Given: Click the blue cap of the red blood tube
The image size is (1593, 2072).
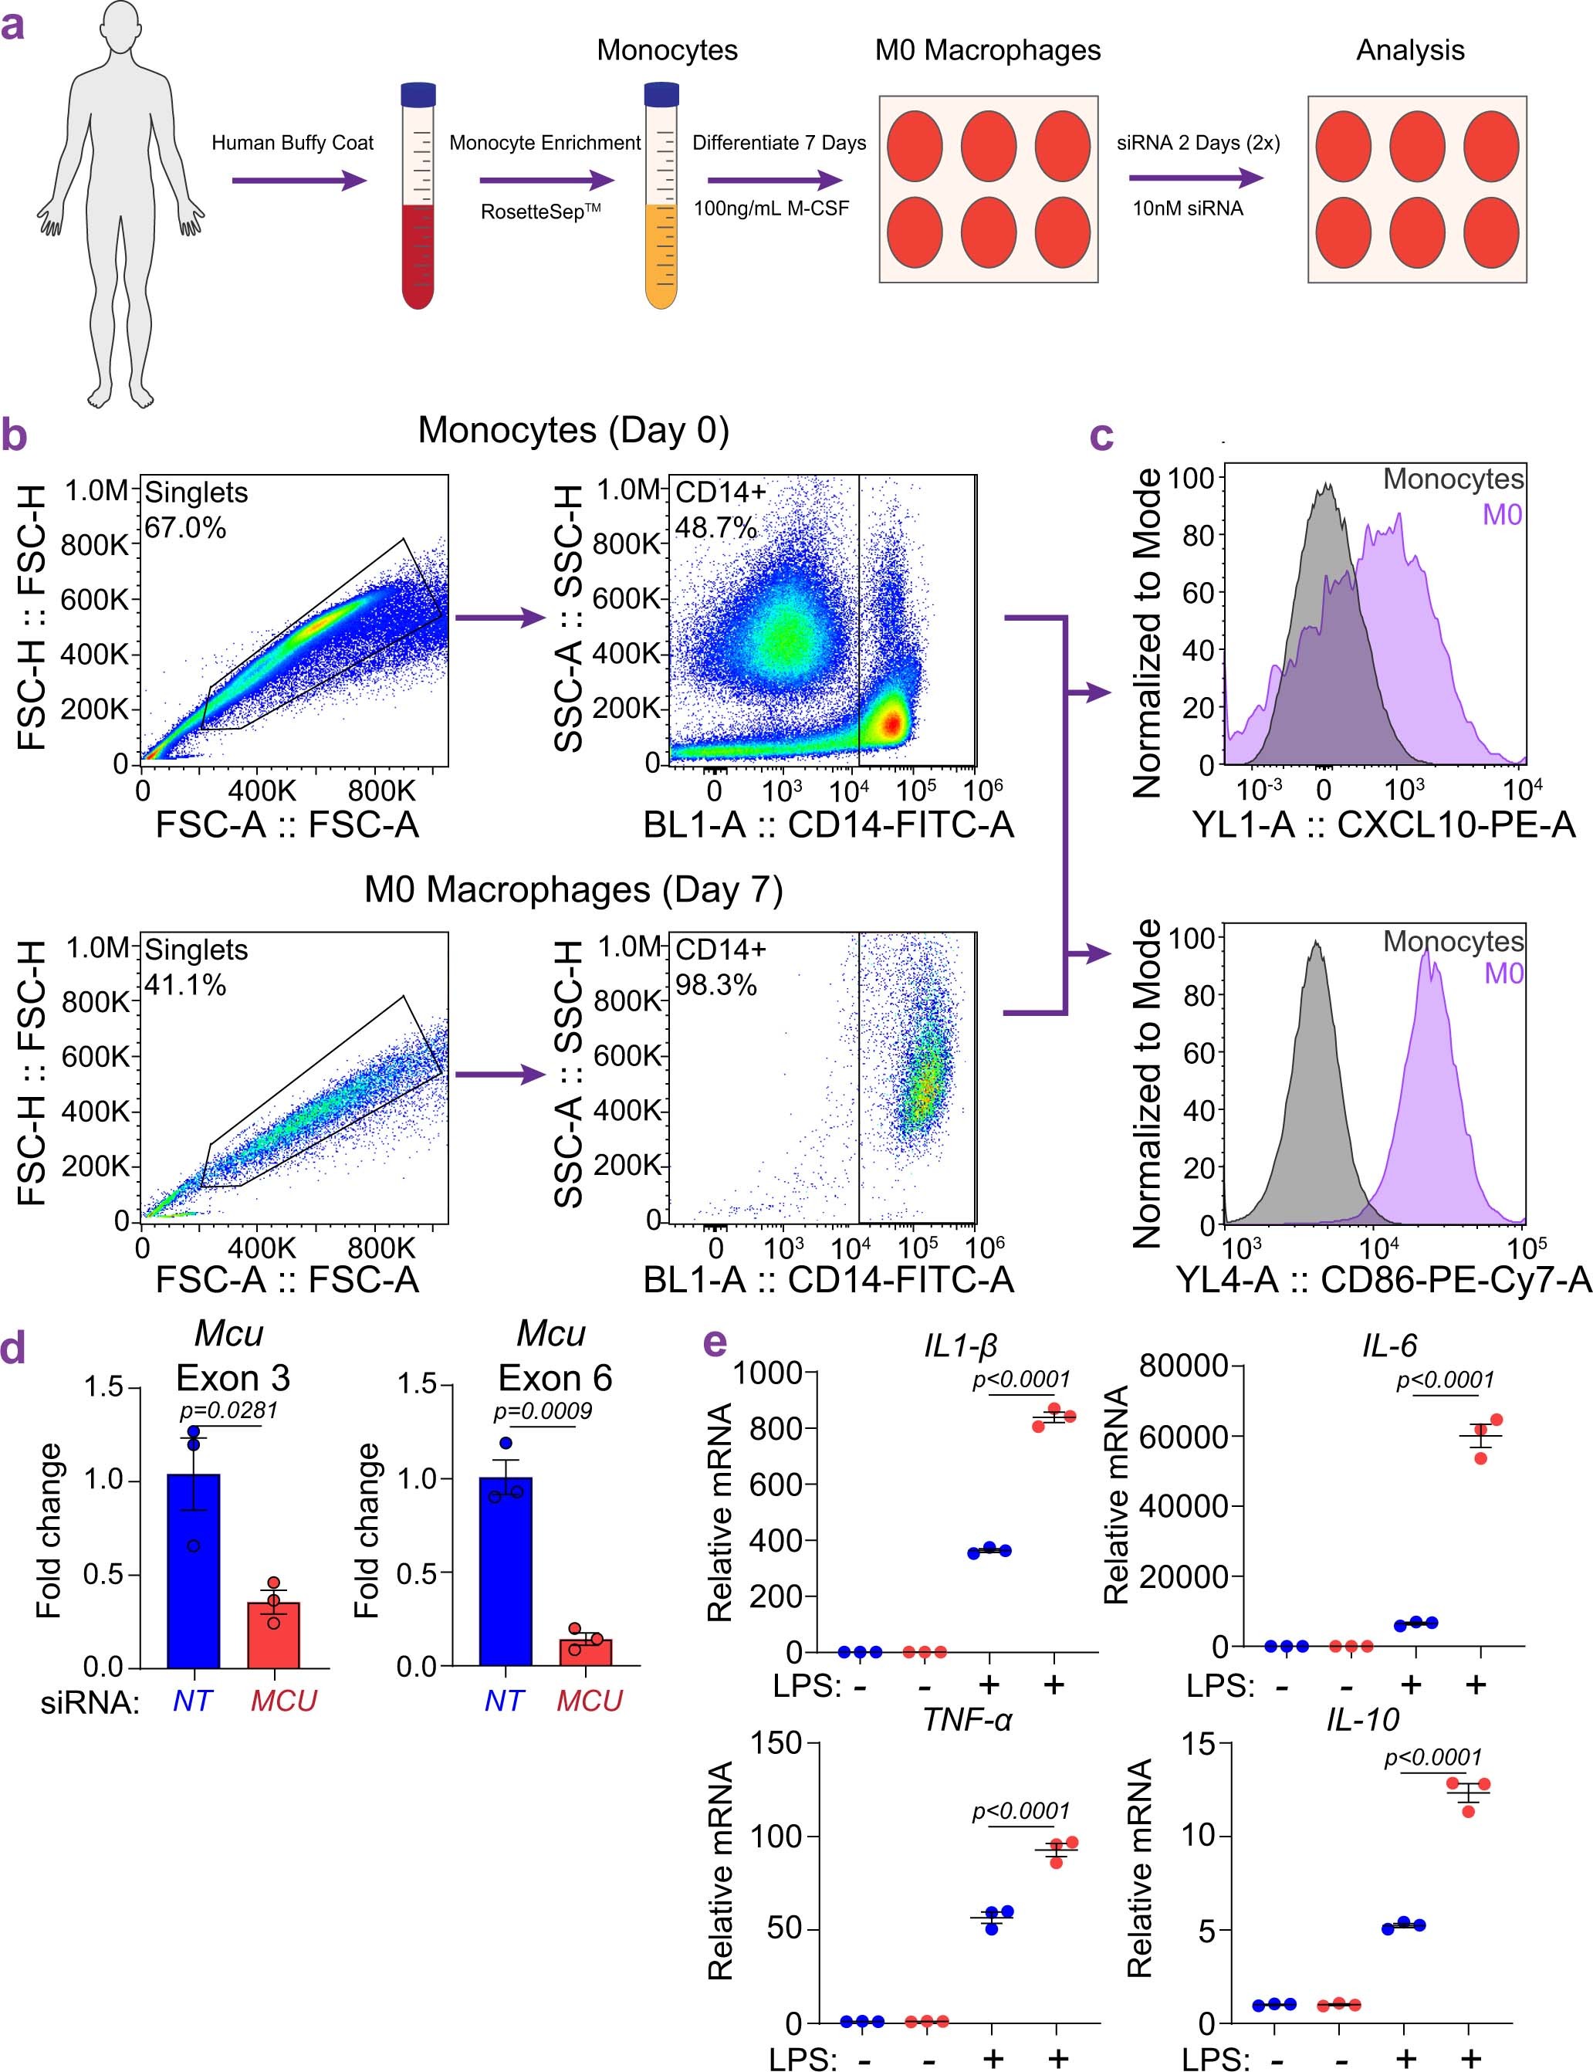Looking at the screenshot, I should (x=418, y=94).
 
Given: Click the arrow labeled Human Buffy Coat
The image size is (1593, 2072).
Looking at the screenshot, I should (x=298, y=180).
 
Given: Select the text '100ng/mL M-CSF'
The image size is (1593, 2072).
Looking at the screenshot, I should (x=771, y=208).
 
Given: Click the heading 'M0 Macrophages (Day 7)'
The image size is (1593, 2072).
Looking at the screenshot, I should (x=573, y=889).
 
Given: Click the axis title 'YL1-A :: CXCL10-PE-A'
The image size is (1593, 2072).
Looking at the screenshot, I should (x=1383, y=824).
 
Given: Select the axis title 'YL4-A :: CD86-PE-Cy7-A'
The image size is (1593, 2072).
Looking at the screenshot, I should (x=1383, y=1279).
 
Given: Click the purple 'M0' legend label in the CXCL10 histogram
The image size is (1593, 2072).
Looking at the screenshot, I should (x=1502, y=515).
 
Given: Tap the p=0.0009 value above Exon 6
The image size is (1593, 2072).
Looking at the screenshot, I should (x=543, y=1411).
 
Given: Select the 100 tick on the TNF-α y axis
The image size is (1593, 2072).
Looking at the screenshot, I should (x=776, y=1837).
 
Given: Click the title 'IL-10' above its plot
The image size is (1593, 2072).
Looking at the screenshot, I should (x=1361, y=1719).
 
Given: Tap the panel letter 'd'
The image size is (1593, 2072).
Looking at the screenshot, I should (x=13, y=1349).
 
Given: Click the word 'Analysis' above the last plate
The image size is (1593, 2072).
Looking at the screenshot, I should (x=1410, y=50).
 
